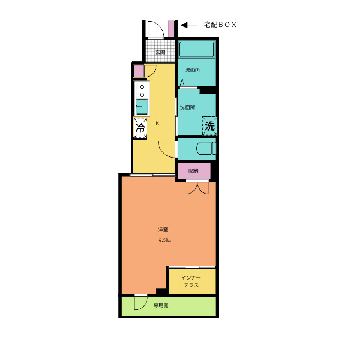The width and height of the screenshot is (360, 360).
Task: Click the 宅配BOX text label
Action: (220, 25)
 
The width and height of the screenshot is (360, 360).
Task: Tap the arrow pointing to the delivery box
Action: (189, 25)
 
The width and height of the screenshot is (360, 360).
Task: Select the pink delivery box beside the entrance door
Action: (171, 29)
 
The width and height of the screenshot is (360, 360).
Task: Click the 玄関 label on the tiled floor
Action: (160, 52)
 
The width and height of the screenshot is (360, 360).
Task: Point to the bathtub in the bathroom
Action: (196, 49)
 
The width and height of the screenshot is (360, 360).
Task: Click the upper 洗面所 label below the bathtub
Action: (192, 70)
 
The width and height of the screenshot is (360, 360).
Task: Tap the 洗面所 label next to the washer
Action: (187, 107)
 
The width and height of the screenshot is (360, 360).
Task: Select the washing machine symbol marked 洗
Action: (210, 126)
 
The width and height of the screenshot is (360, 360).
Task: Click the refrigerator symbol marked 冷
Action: (140, 128)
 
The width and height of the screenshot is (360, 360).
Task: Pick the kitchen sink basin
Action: (142, 107)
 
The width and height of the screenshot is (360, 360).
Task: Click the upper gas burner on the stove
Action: (142, 87)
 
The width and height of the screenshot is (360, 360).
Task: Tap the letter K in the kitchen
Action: (157, 123)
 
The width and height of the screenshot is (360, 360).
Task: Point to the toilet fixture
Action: (206, 148)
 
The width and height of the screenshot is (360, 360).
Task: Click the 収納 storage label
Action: (193, 171)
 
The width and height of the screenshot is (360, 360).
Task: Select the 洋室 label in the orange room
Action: (163, 229)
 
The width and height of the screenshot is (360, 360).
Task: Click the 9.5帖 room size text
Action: (165, 240)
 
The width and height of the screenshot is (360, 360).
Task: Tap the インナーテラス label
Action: (191, 281)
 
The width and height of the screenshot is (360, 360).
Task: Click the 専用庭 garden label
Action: (161, 305)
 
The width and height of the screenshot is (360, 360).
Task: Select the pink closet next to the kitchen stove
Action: (139, 71)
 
